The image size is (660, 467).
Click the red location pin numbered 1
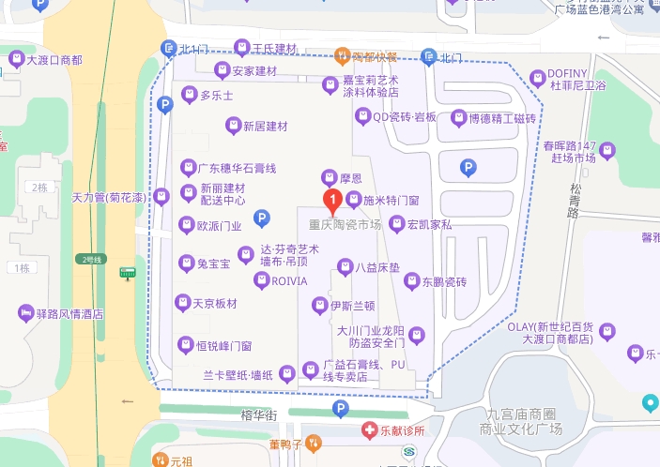click(332, 199)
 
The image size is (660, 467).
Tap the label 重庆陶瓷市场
click(345, 225)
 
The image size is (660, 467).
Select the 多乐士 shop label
click(217, 96)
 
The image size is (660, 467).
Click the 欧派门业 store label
click(219, 225)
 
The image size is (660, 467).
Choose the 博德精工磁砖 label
click(494, 119)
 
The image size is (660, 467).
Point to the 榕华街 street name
click(258, 414)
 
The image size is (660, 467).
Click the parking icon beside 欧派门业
click(263, 219)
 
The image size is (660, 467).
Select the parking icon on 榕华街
click(341, 410)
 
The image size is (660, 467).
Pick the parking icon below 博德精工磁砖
click(468, 168)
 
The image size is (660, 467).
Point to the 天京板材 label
click(214, 303)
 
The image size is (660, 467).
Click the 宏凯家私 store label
click(429, 225)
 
